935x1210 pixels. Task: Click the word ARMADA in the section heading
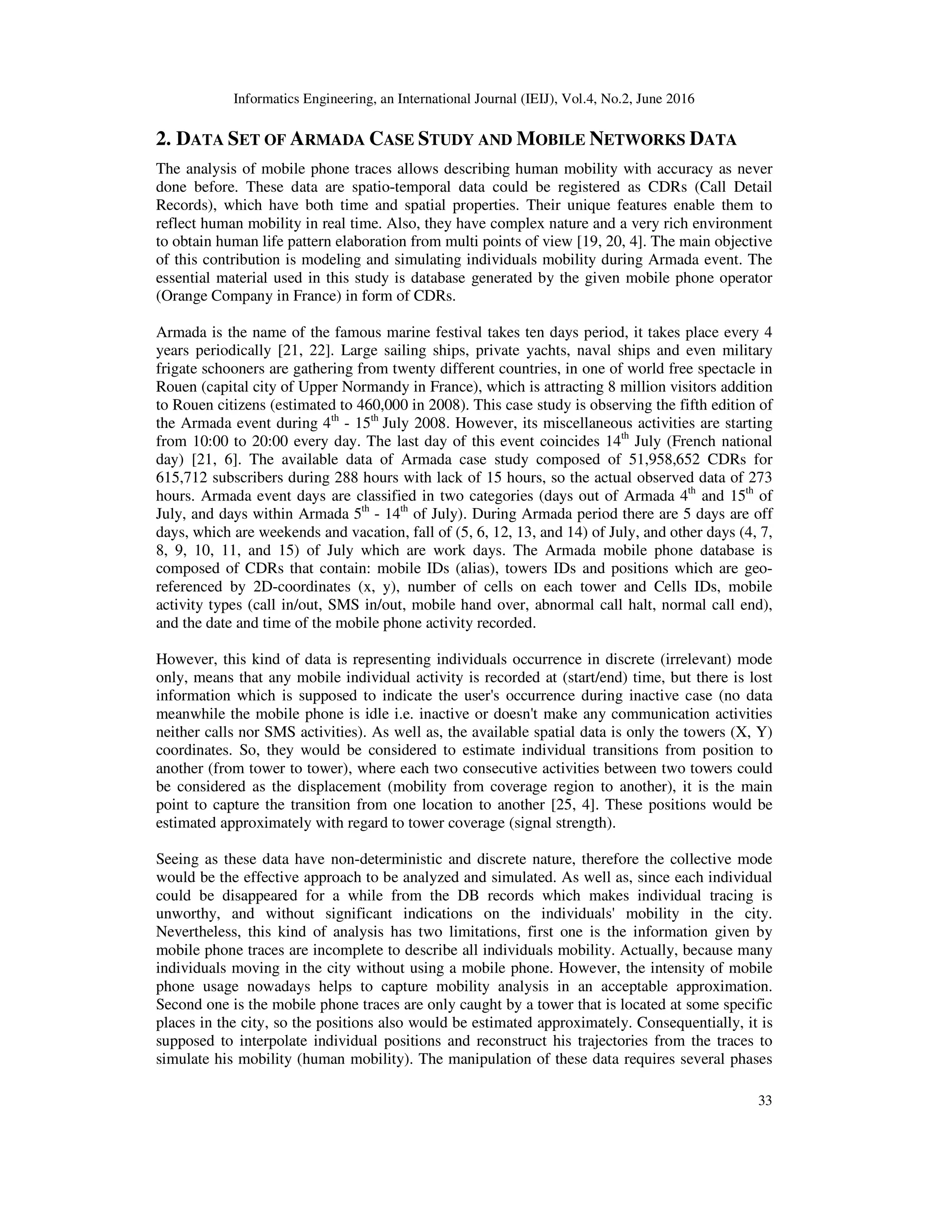[327, 140]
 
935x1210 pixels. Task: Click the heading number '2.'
[163, 140]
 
